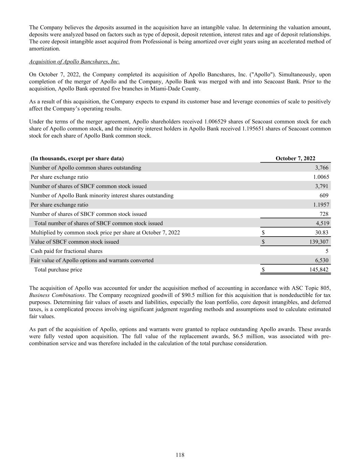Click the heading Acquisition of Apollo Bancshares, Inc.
click(74, 62)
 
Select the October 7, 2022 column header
click(295, 158)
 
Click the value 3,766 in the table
click(322, 168)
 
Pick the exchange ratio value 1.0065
click(321, 177)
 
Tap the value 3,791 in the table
click(322, 186)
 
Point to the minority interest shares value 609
click(324, 195)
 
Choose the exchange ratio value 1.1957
click(321, 204)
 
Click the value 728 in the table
click(324, 214)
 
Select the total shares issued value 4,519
click(322, 223)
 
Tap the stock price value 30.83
click(322, 232)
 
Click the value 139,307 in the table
click(319, 242)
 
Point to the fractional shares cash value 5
click(327, 251)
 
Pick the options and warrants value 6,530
click(322, 260)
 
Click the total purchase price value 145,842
click(319, 270)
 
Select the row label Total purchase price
click(58, 270)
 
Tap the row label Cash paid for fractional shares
click(67, 251)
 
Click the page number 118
click(180, 455)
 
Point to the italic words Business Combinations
click(57, 295)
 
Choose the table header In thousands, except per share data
click(77, 158)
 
